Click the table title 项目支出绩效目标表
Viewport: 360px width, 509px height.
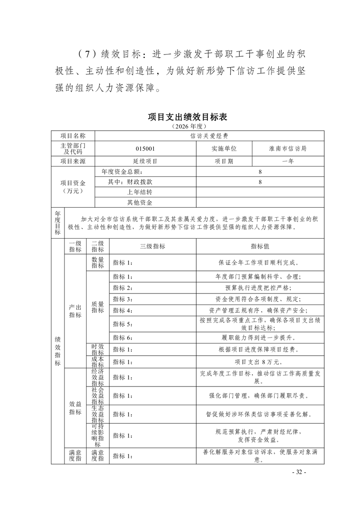pos(187,117)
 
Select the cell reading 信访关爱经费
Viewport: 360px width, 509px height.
pos(209,136)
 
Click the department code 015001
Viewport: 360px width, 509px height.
pos(145,148)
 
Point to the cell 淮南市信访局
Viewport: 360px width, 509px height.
pos(287,148)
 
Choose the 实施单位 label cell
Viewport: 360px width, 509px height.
pos(224,148)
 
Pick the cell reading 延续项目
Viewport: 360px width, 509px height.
pos(145,161)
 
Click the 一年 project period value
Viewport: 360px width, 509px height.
pos(287,161)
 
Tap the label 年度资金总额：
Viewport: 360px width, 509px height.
pos(123,172)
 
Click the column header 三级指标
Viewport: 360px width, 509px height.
pos(153,246)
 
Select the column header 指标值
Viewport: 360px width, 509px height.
pos(260,246)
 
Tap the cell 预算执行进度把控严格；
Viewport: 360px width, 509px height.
pos(260,288)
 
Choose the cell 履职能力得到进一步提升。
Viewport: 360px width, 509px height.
pos(260,337)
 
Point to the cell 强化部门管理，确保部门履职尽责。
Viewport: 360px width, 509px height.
pos(260,396)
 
